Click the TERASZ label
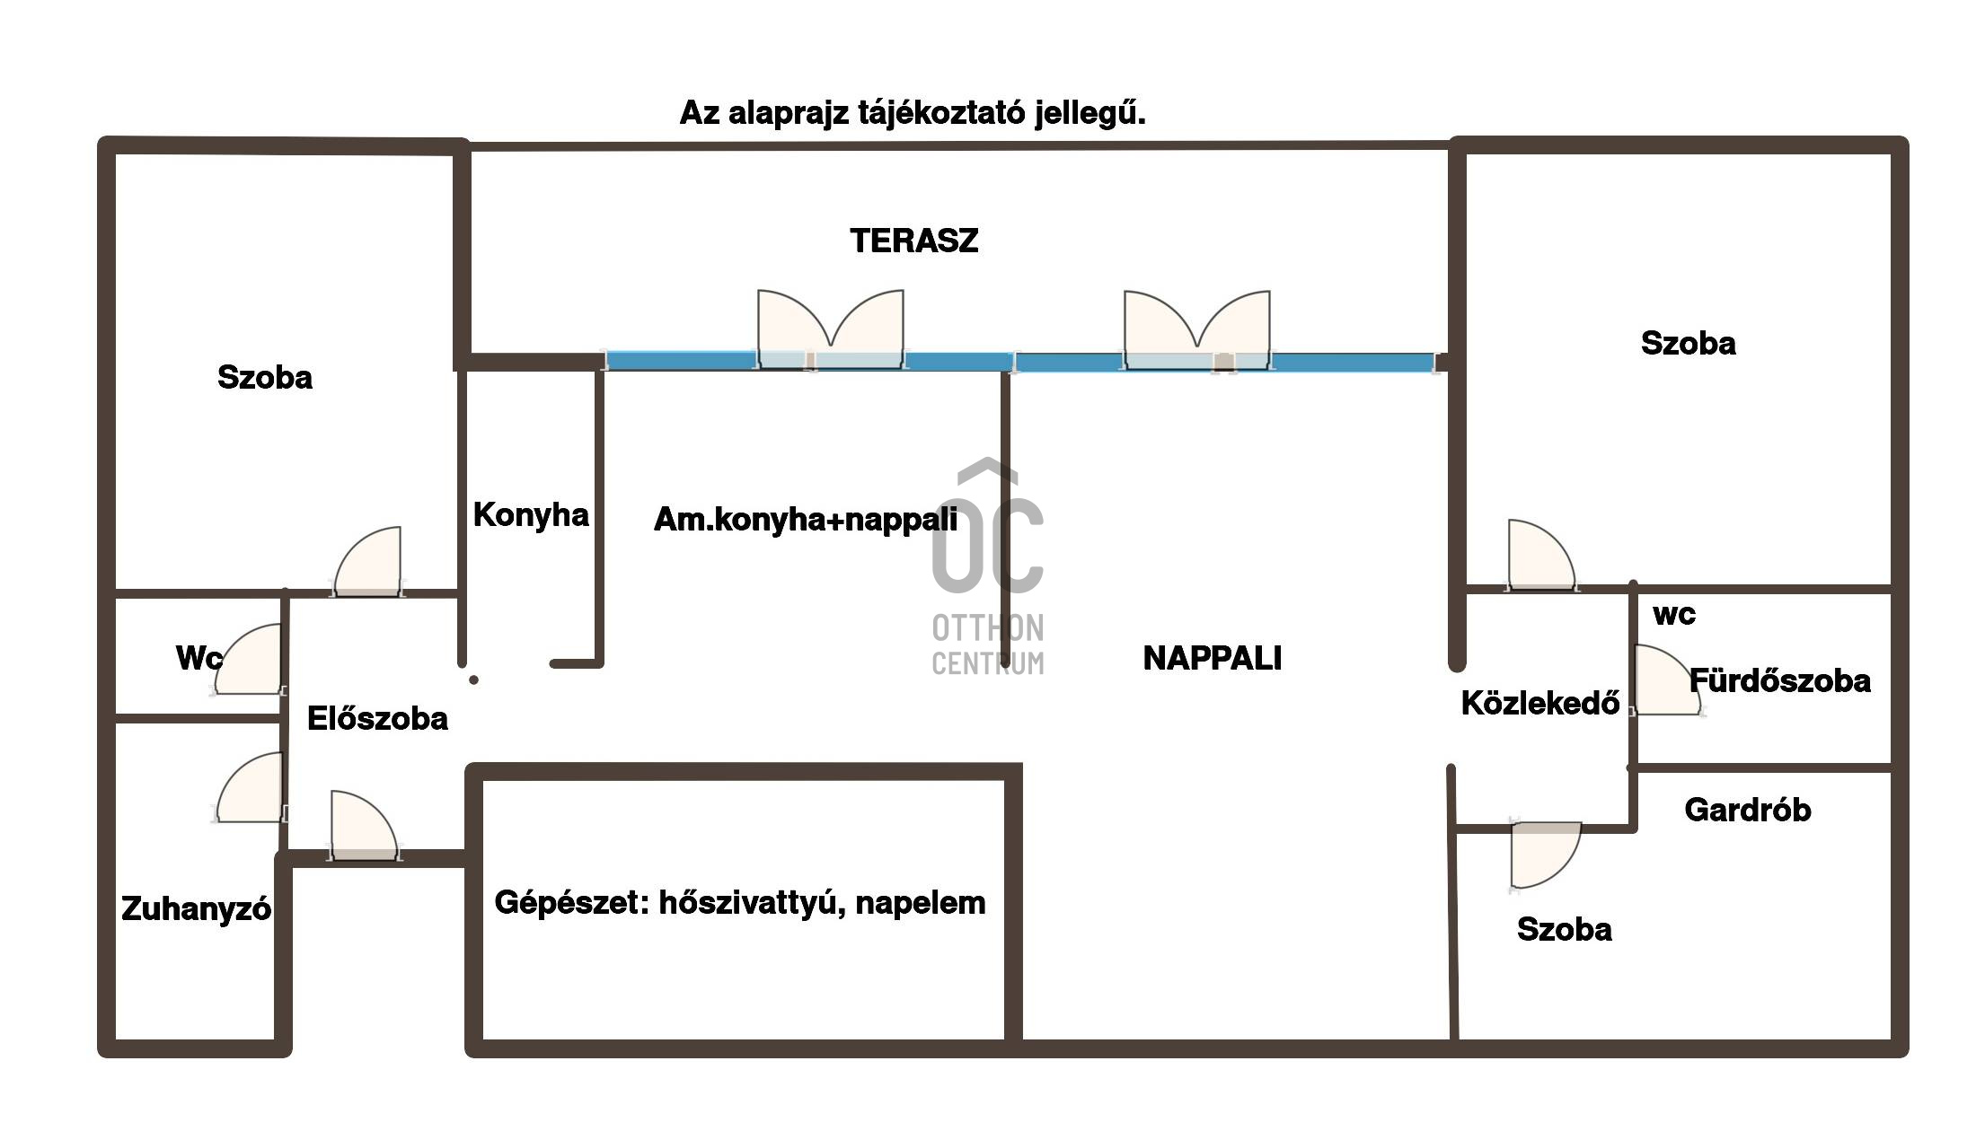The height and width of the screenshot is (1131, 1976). tap(913, 241)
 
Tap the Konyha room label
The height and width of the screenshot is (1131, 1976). tap(531, 514)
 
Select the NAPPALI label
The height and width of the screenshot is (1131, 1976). tap(1212, 658)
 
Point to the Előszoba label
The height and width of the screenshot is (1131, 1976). tap(377, 718)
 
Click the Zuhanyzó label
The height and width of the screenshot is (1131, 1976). tap(196, 909)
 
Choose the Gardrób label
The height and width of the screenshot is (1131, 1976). tap(1747, 810)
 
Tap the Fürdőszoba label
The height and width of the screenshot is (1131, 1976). tap(1780, 680)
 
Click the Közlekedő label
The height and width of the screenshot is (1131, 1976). tap(1540, 703)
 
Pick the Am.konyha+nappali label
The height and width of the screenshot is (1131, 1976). tap(805, 519)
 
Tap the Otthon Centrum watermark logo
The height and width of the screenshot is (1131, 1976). tap(988, 567)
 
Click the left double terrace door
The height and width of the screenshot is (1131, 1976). tap(831, 329)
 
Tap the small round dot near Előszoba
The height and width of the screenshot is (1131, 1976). tap(473, 679)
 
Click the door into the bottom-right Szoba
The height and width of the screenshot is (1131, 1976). tap(1545, 855)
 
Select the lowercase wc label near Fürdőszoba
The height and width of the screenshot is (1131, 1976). tap(1674, 615)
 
